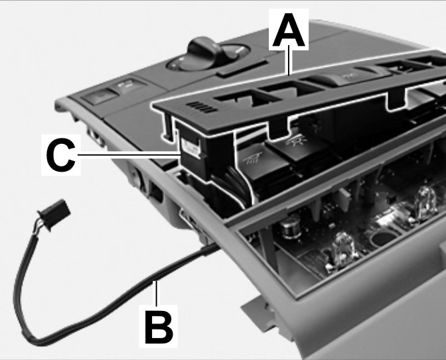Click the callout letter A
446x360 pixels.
[289, 30]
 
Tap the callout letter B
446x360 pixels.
[159, 326]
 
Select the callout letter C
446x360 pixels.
[61, 155]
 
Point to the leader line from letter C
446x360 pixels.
[129, 155]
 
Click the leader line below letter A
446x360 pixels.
[289, 60]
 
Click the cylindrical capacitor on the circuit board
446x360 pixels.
[291, 229]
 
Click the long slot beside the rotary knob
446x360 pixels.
[243, 68]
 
